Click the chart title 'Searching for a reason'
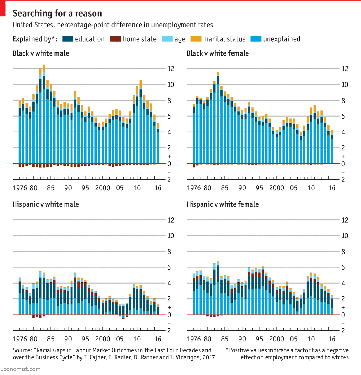coord(57,13)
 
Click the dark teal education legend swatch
coord(68,39)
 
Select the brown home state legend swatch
coord(115,39)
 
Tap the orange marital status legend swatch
coord(196,39)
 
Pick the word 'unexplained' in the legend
coord(281,39)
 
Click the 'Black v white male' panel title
coord(41,53)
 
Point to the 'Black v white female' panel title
coord(217,53)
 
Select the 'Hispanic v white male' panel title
coord(45,204)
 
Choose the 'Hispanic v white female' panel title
coord(223,204)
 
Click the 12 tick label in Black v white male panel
coord(171,69)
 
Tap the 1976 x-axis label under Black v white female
coord(194,188)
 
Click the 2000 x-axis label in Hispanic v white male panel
coord(102,339)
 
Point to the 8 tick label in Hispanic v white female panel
coord(343,252)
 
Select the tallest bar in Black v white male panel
coord(44,119)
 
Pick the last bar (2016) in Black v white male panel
coord(158,144)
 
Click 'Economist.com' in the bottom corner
coord(20,369)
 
